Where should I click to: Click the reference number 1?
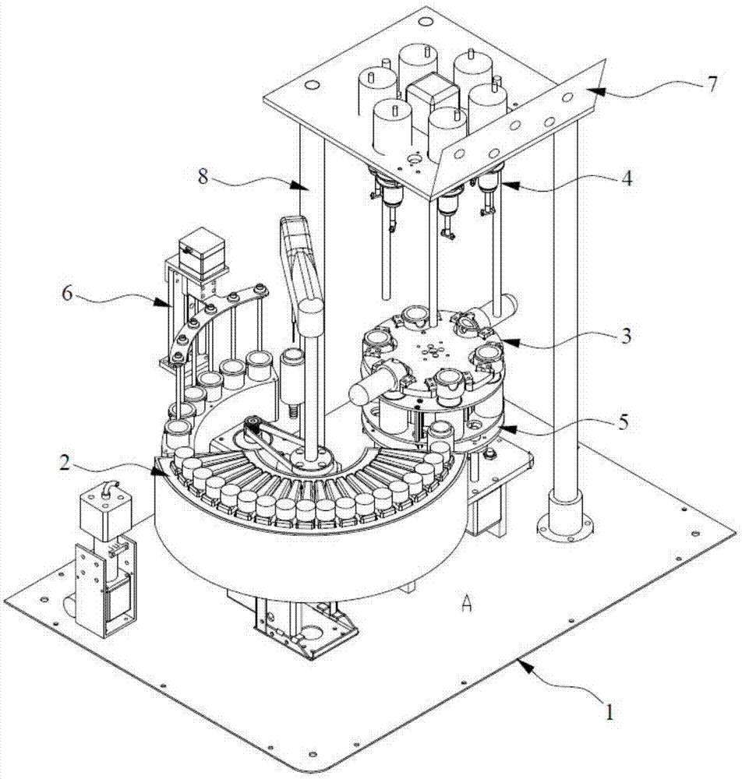coord(610,710)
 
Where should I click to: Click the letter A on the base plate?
coord(466,605)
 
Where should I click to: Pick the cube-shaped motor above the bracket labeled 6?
coord(200,249)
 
